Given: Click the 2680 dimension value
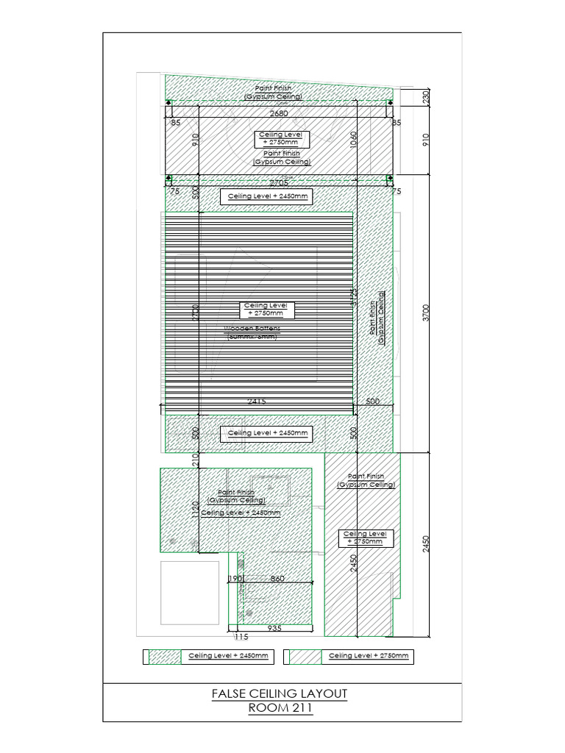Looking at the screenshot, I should (x=279, y=114).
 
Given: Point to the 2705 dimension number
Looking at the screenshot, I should (x=279, y=182).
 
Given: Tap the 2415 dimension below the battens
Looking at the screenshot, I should (x=256, y=402).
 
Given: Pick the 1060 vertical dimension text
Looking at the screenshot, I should (x=354, y=140).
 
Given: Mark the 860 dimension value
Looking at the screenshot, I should (x=277, y=579).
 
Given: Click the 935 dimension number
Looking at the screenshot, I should (x=274, y=629).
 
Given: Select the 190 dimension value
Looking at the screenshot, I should (x=235, y=579).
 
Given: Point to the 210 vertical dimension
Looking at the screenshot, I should (x=196, y=460).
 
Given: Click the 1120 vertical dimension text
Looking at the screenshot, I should (x=196, y=509).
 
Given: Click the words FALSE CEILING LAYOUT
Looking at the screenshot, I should (x=279, y=693).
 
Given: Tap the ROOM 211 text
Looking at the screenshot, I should (x=279, y=709).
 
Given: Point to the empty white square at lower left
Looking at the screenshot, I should (x=190, y=593).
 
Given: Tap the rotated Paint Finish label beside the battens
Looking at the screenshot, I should (x=377, y=321).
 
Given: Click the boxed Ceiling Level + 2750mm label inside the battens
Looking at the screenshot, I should (x=269, y=310).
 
